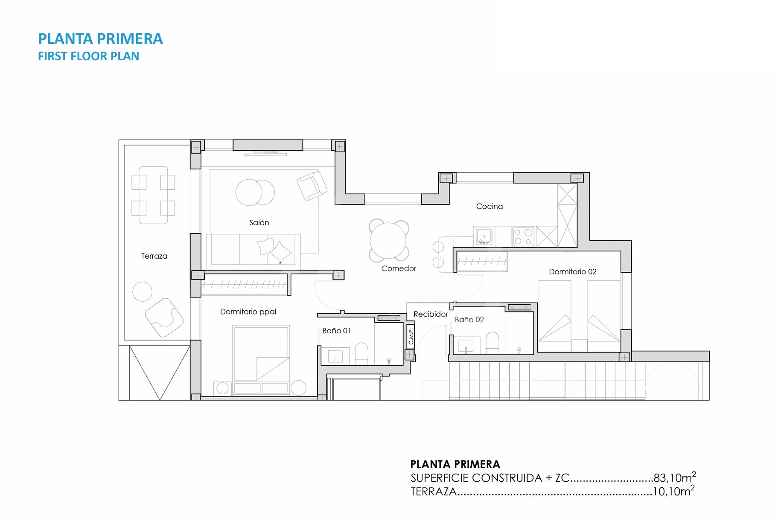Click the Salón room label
tap(259, 222)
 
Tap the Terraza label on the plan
tap(154, 256)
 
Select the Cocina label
tap(489, 207)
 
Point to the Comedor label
tap(399, 268)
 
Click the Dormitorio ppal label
tap(248, 312)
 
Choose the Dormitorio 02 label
tap(573, 272)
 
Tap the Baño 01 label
tap(336, 331)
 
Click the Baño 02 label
tap(469, 320)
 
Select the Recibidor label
tap(431, 314)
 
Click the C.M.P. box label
tap(411, 336)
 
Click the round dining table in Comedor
tap(388, 241)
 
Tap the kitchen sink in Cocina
tap(484, 236)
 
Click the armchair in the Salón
tap(312, 186)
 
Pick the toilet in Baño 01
tap(361, 354)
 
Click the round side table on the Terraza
tap(143, 292)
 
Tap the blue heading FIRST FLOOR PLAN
tap(89, 56)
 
